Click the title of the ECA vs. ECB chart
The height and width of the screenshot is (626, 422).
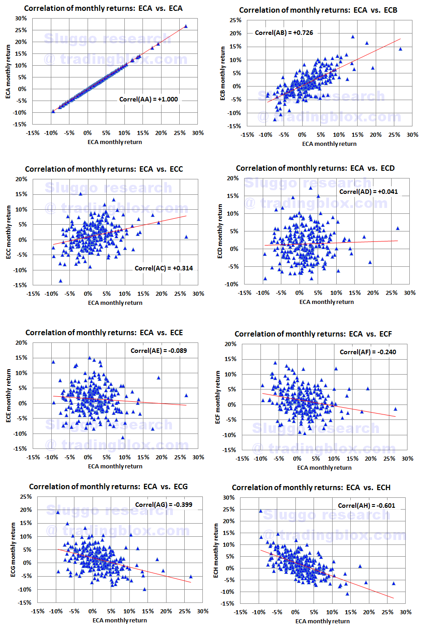[x=318, y=10]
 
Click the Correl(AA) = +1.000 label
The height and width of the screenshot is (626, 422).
[x=148, y=99]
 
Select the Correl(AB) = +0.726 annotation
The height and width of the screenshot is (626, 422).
[x=284, y=33]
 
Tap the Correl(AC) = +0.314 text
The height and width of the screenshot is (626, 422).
[x=163, y=268]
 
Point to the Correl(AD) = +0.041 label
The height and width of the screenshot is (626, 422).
[x=368, y=192]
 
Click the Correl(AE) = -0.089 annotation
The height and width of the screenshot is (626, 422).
[x=158, y=351]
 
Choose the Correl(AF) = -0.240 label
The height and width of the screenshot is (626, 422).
[x=368, y=352]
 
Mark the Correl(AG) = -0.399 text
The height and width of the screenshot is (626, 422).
[x=163, y=505]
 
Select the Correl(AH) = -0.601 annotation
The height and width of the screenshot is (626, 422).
[x=366, y=506]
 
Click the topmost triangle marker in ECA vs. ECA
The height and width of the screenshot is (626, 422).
[x=186, y=26]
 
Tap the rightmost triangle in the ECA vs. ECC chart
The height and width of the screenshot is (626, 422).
[x=186, y=237]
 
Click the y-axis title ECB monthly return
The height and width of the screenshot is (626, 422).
[x=222, y=73]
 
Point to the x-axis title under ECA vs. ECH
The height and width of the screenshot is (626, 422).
[x=322, y=621]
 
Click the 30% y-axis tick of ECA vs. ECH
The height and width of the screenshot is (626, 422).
[x=229, y=497]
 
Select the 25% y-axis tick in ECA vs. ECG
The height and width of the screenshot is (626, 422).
[x=26, y=496]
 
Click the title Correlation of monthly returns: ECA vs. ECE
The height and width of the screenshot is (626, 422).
[x=104, y=332]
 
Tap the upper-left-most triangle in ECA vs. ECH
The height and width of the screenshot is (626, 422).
[x=260, y=511]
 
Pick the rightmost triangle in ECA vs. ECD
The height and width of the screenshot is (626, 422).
[x=398, y=228]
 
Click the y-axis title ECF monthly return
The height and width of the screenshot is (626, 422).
[x=217, y=397]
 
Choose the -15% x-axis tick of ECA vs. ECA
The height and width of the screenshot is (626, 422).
[x=33, y=133]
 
